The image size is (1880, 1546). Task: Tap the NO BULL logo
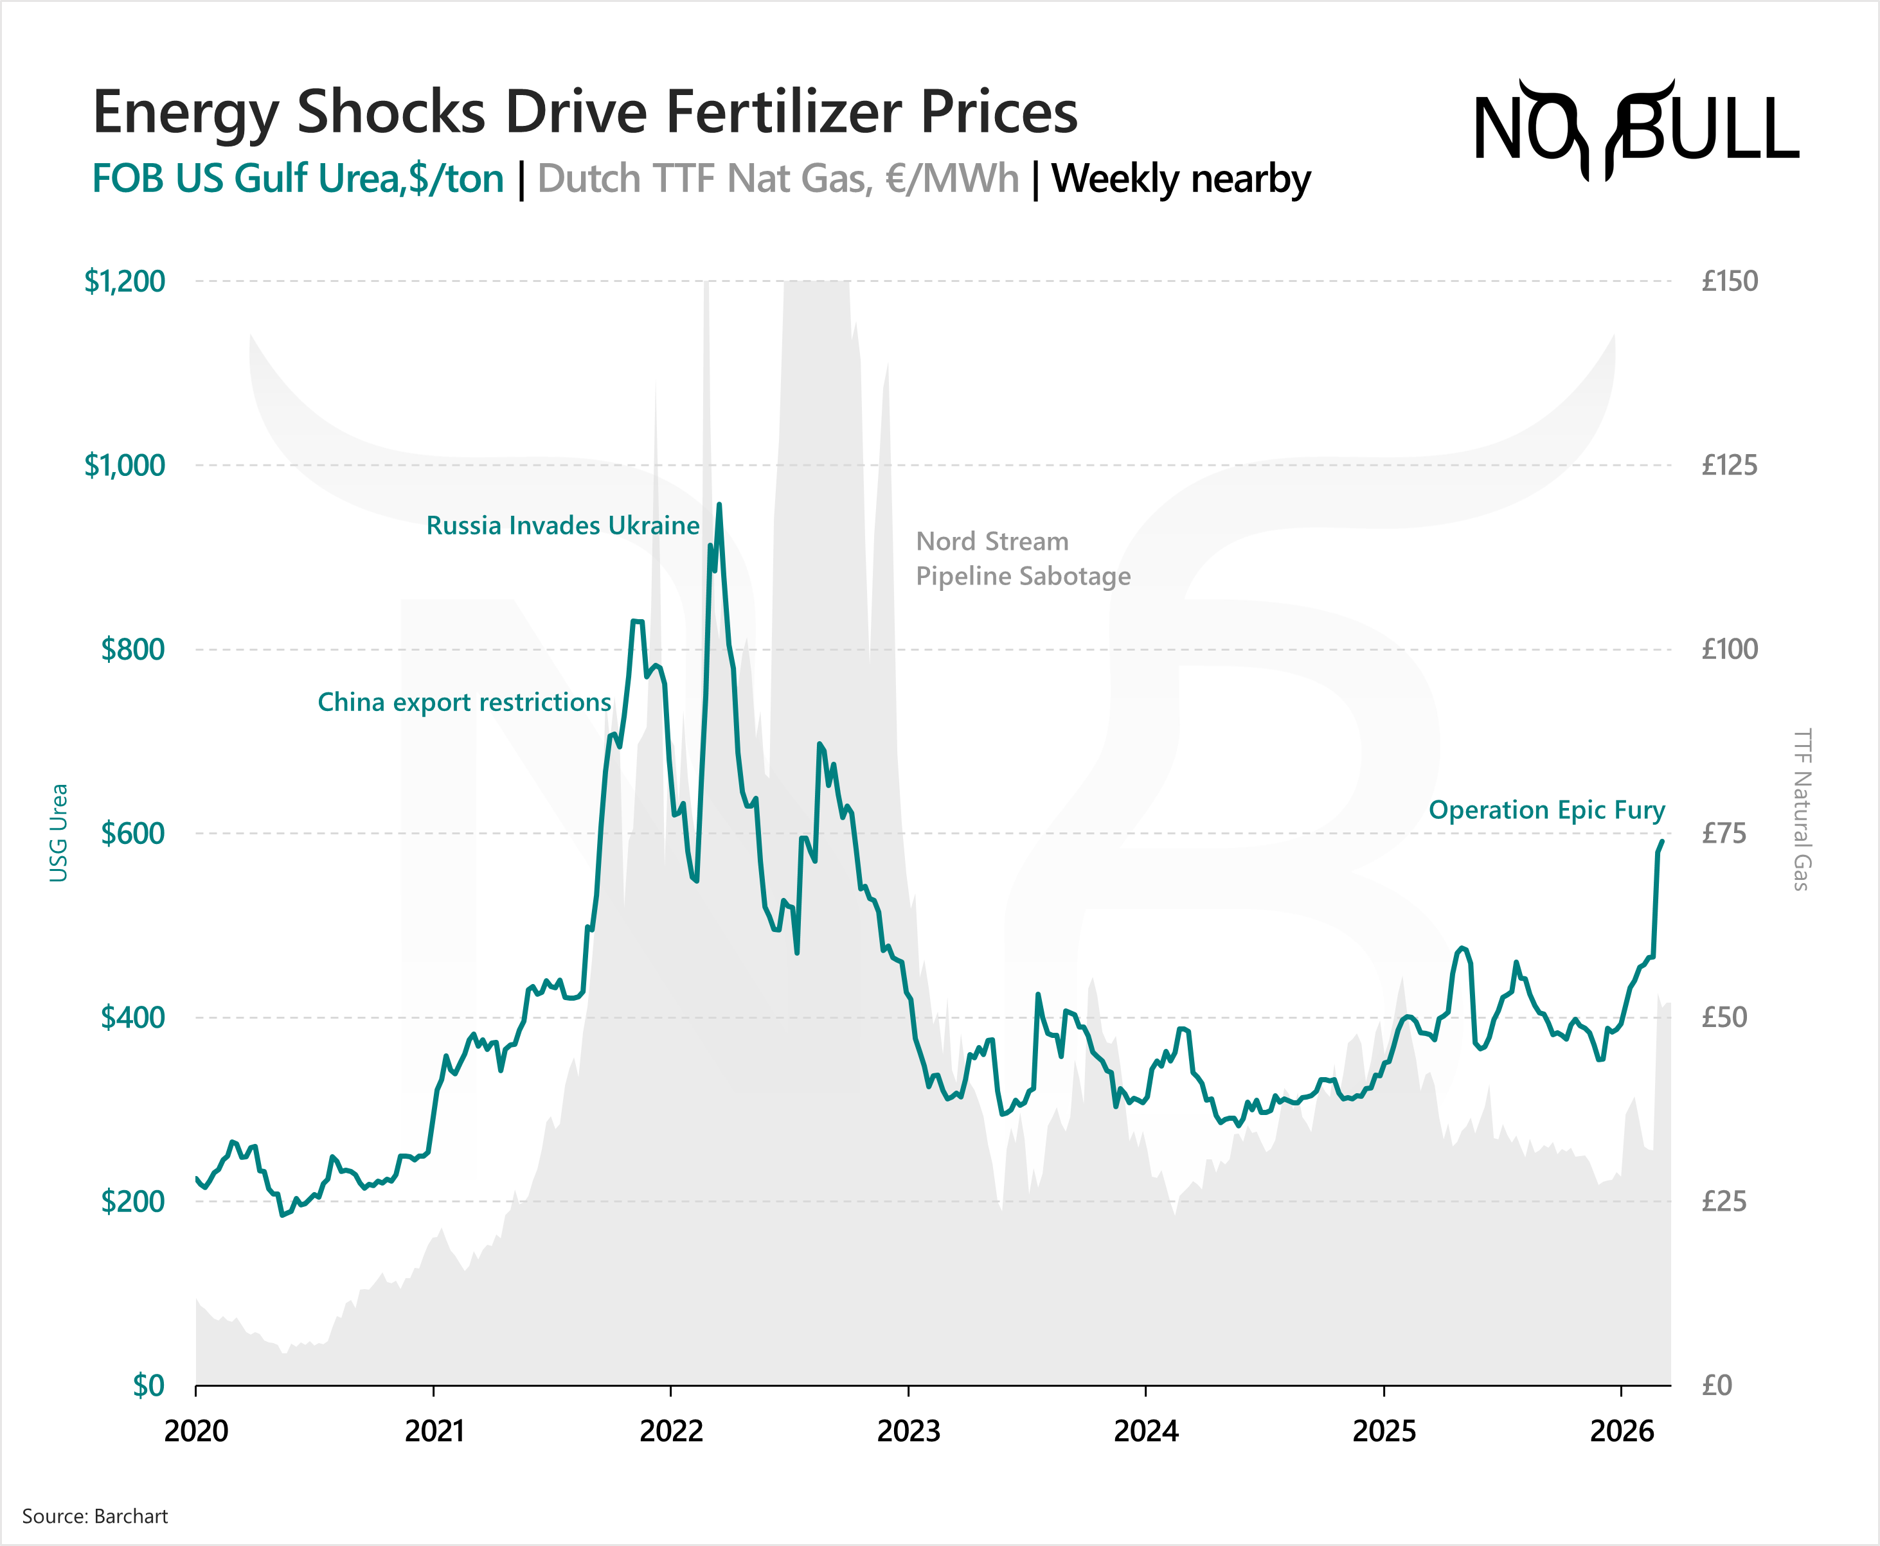pos(1636,129)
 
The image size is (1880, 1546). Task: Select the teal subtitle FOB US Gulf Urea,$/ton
pos(298,178)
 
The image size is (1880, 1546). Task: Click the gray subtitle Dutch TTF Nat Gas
pos(778,178)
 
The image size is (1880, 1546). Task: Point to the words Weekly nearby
pos(1181,178)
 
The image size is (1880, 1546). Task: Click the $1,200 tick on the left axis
pos(125,281)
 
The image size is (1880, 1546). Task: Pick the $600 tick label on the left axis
pos(133,834)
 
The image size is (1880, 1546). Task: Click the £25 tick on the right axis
pos(1723,1201)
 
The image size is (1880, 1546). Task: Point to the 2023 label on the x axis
pos(908,1431)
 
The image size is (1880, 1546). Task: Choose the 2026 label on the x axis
pos(1622,1431)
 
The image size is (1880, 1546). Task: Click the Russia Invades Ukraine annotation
pos(562,525)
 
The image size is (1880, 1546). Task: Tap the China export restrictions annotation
pos(464,702)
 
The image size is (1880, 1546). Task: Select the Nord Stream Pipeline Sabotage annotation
pos(1023,558)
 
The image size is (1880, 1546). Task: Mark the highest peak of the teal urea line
pos(719,505)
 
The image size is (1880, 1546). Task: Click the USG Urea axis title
pos(58,832)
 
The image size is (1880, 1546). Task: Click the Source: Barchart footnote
pos(94,1516)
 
